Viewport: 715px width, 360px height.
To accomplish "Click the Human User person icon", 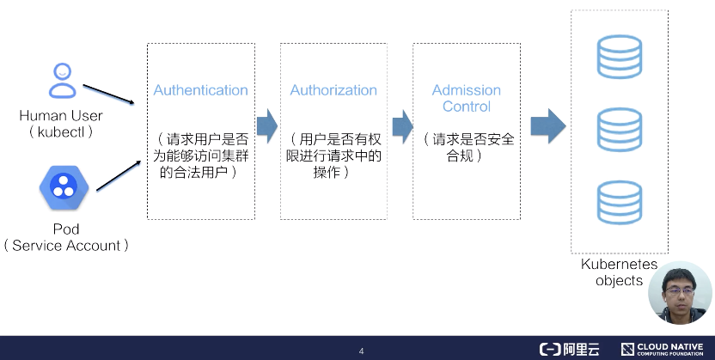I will [x=62, y=81].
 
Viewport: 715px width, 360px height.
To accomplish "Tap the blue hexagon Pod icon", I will [x=62, y=187].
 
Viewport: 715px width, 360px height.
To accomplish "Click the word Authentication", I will [x=200, y=90].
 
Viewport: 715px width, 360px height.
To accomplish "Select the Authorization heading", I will [x=333, y=90].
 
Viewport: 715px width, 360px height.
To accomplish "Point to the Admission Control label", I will [x=467, y=98].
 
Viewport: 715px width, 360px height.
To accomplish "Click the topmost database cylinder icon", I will [x=620, y=57].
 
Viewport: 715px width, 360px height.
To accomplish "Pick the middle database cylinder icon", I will [x=620, y=129].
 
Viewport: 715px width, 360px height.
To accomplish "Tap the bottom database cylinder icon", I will [x=620, y=203].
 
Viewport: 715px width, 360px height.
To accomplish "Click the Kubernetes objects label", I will [x=619, y=272].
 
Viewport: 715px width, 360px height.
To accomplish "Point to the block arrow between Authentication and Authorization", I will [x=266, y=125].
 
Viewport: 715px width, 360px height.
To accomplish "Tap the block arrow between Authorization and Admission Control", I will [x=401, y=125].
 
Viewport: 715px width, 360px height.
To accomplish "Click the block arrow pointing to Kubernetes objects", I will [x=547, y=125].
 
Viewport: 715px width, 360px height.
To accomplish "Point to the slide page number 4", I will [x=361, y=351].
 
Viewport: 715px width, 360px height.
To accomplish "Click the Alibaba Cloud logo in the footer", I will [x=569, y=349].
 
